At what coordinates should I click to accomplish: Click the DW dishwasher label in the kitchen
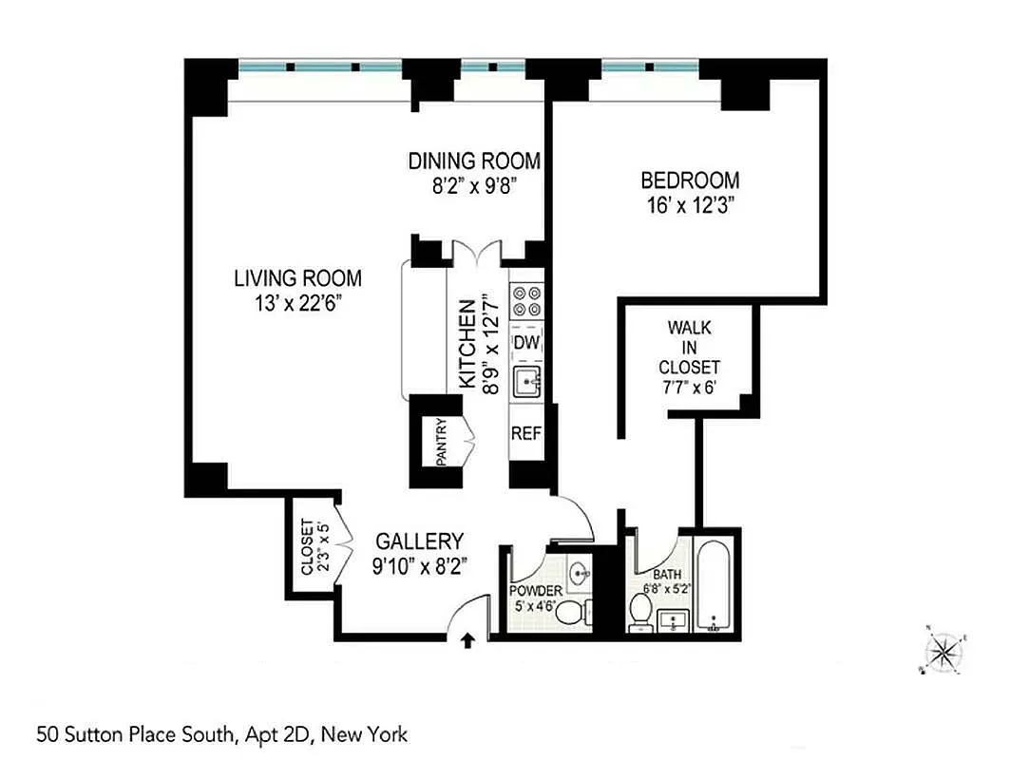(x=526, y=342)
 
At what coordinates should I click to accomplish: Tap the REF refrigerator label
(x=526, y=433)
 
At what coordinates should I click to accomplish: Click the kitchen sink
(x=526, y=382)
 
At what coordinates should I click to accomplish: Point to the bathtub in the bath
(x=714, y=586)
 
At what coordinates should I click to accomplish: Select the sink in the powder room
(x=581, y=573)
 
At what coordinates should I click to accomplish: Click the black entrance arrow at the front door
(x=467, y=641)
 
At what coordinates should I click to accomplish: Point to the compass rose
(x=943, y=651)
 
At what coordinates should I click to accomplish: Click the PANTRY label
(x=442, y=442)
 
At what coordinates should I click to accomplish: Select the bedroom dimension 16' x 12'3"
(x=690, y=203)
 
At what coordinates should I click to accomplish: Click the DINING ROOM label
(x=474, y=161)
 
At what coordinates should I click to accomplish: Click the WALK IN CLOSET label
(x=690, y=347)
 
